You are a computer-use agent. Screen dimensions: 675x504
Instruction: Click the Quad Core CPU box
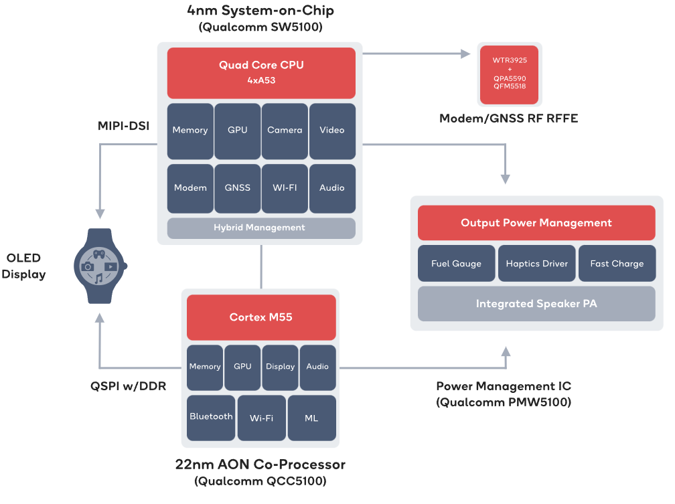click(261, 73)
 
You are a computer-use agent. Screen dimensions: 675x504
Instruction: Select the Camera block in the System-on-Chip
click(285, 131)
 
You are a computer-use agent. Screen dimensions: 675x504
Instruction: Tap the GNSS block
click(237, 188)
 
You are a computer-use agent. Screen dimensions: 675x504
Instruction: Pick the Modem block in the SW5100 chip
click(190, 188)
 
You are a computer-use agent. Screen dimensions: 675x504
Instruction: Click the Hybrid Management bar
click(261, 228)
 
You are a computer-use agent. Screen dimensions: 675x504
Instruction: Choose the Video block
click(332, 131)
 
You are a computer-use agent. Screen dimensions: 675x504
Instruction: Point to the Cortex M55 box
click(261, 317)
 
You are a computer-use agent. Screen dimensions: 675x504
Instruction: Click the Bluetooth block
click(211, 418)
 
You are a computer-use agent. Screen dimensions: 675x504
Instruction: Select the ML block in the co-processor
click(311, 418)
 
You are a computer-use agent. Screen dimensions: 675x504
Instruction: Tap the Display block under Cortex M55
click(280, 367)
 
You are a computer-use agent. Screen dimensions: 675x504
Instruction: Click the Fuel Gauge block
click(456, 264)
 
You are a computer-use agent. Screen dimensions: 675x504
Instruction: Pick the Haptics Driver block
click(537, 264)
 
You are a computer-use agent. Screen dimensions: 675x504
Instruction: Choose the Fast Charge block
click(617, 264)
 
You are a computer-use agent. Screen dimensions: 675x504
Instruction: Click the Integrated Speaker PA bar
click(536, 303)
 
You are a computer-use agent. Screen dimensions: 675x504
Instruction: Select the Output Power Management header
click(536, 222)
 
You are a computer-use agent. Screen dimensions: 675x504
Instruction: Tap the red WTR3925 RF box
click(509, 74)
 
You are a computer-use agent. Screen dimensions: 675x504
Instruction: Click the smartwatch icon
click(100, 266)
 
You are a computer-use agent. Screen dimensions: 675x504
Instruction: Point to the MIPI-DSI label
click(123, 126)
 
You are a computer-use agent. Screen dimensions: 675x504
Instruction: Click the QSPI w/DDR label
click(129, 386)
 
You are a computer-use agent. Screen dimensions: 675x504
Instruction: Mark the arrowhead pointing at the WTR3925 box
click(465, 54)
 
